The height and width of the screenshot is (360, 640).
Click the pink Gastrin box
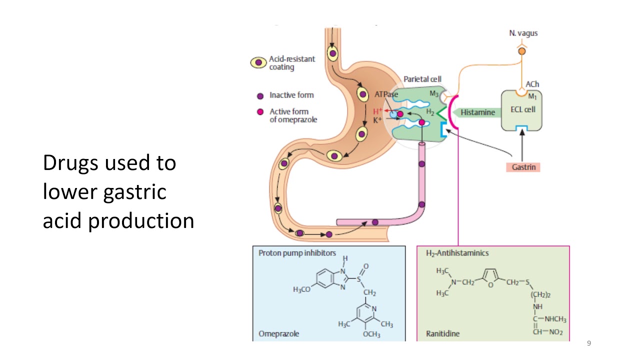[x=523, y=167]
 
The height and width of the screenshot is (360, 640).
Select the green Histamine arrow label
[x=477, y=112]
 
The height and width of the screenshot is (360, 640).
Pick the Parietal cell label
[x=422, y=79]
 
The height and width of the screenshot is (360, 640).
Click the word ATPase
[x=386, y=94]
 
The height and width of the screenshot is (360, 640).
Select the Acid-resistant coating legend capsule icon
[x=258, y=63]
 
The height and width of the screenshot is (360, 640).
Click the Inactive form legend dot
[x=260, y=95]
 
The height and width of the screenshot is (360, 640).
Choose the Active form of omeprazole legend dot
[x=260, y=112]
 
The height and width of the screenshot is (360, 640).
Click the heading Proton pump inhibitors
[x=297, y=253]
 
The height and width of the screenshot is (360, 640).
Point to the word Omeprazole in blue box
[x=278, y=333]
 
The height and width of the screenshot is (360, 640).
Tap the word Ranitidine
[x=442, y=333]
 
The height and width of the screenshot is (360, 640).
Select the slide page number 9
[x=589, y=343]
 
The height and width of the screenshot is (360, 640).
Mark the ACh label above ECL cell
[x=532, y=84]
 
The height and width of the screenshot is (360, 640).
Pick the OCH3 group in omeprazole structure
[x=371, y=334]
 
